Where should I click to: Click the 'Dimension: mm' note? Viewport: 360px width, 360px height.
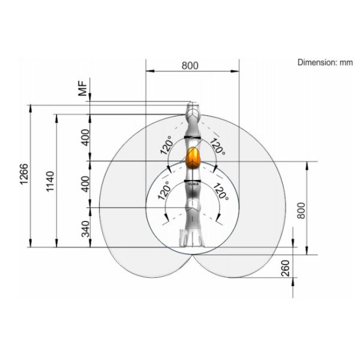click(x=325, y=62)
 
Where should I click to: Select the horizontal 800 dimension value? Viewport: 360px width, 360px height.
click(x=190, y=65)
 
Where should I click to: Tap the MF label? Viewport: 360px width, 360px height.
click(x=83, y=89)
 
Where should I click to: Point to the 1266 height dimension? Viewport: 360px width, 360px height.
click(x=24, y=174)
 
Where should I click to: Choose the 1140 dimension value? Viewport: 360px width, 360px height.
click(x=50, y=181)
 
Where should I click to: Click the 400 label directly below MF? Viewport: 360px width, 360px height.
click(x=85, y=137)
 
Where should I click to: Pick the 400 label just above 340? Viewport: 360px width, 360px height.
click(x=85, y=184)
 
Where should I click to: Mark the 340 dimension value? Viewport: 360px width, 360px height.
click(x=86, y=229)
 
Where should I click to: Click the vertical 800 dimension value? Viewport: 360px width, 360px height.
click(x=301, y=211)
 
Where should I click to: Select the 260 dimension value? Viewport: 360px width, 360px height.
click(x=285, y=268)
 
